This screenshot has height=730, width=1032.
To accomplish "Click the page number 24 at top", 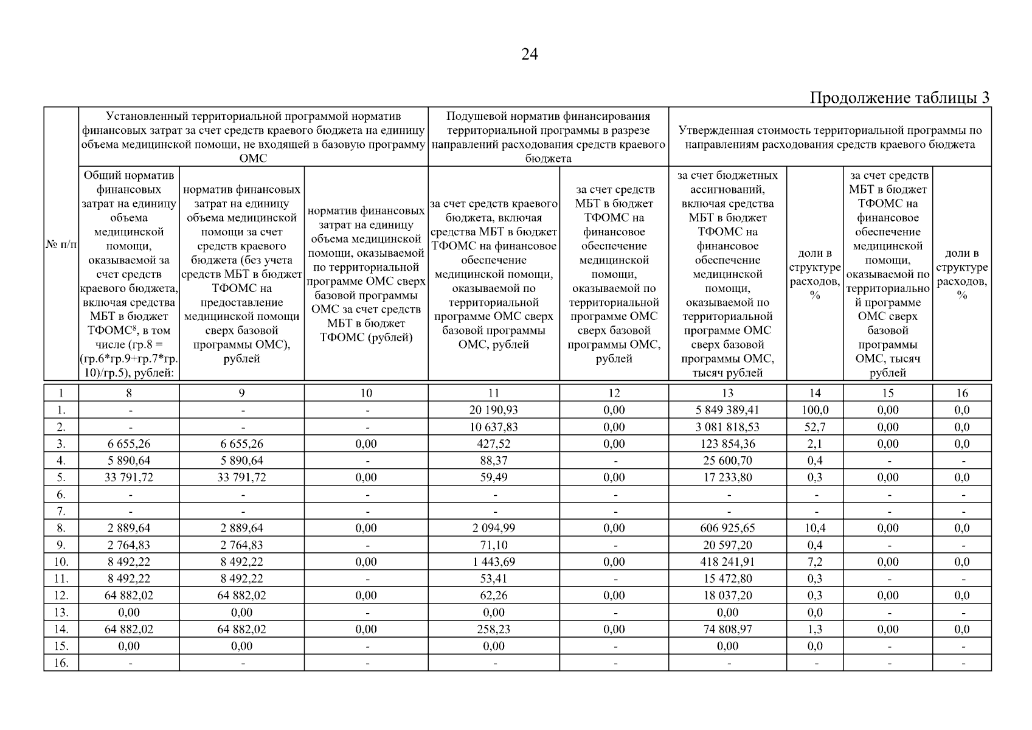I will click(529, 55).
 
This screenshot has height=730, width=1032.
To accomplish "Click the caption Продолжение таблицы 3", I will click(899, 98).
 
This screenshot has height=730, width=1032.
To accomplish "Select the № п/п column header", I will click(61, 245).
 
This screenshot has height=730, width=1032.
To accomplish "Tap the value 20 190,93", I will click(493, 410).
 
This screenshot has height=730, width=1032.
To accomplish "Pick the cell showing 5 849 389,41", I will click(727, 410).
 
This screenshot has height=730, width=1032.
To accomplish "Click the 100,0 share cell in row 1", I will click(815, 410).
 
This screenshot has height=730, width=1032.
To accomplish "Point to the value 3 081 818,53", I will click(727, 427).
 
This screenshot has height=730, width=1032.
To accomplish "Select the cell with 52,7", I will click(815, 427).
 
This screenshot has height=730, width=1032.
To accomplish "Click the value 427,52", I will click(493, 444).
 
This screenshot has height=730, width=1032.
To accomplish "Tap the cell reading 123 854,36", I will click(727, 444).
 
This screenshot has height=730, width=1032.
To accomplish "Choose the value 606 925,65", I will click(727, 528).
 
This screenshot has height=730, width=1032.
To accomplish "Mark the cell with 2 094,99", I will click(493, 528).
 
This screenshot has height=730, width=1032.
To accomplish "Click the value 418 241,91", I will click(727, 562).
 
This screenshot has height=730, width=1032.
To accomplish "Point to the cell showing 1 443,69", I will click(493, 562).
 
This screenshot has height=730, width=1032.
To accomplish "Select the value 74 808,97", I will click(727, 630).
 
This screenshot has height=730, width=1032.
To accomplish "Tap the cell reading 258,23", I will click(493, 630).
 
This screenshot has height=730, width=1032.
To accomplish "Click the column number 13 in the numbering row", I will click(727, 393).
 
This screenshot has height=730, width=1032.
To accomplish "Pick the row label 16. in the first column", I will click(61, 663).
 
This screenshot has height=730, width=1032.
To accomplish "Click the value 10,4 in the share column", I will click(815, 528).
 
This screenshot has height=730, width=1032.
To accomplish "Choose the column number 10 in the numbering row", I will click(366, 393).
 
